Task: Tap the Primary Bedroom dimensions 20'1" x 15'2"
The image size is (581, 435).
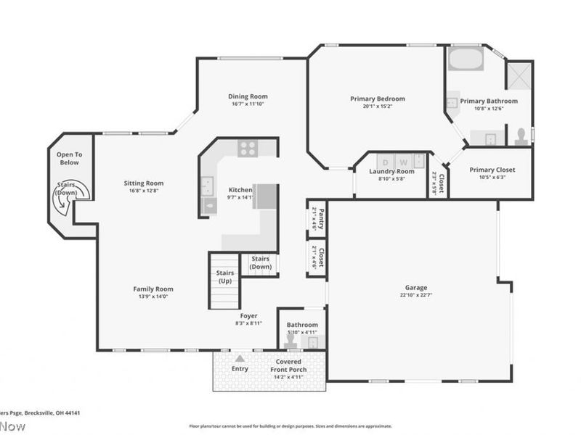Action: pyautogui.click(x=377, y=106)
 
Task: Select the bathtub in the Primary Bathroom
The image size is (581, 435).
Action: pyautogui.click(x=466, y=59)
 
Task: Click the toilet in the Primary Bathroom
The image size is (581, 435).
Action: pyautogui.click(x=521, y=136)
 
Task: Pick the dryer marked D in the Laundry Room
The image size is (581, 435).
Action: pyautogui.click(x=385, y=162)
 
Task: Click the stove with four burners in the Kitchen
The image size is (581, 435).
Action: pyautogui.click(x=248, y=149)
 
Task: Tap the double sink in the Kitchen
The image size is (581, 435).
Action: pyautogui.click(x=207, y=186)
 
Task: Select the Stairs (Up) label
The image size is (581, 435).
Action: pyautogui.click(x=224, y=276)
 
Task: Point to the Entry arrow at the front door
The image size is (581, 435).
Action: pyautogui.click(x=240, y=358)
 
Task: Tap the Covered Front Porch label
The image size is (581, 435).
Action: pyautogui.click(x=288, y=365)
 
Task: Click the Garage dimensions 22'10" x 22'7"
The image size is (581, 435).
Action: pyautogui.click(x=416, y=295)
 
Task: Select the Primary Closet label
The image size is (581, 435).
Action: pyautogui.click(x=492, y=170)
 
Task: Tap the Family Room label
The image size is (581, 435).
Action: pyautogui.click(x=153, y=289)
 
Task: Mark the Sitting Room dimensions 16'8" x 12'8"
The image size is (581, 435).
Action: pyautogui.click(x=143, y=191)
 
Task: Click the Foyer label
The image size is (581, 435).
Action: pyautogui.click(x=249, y=316)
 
